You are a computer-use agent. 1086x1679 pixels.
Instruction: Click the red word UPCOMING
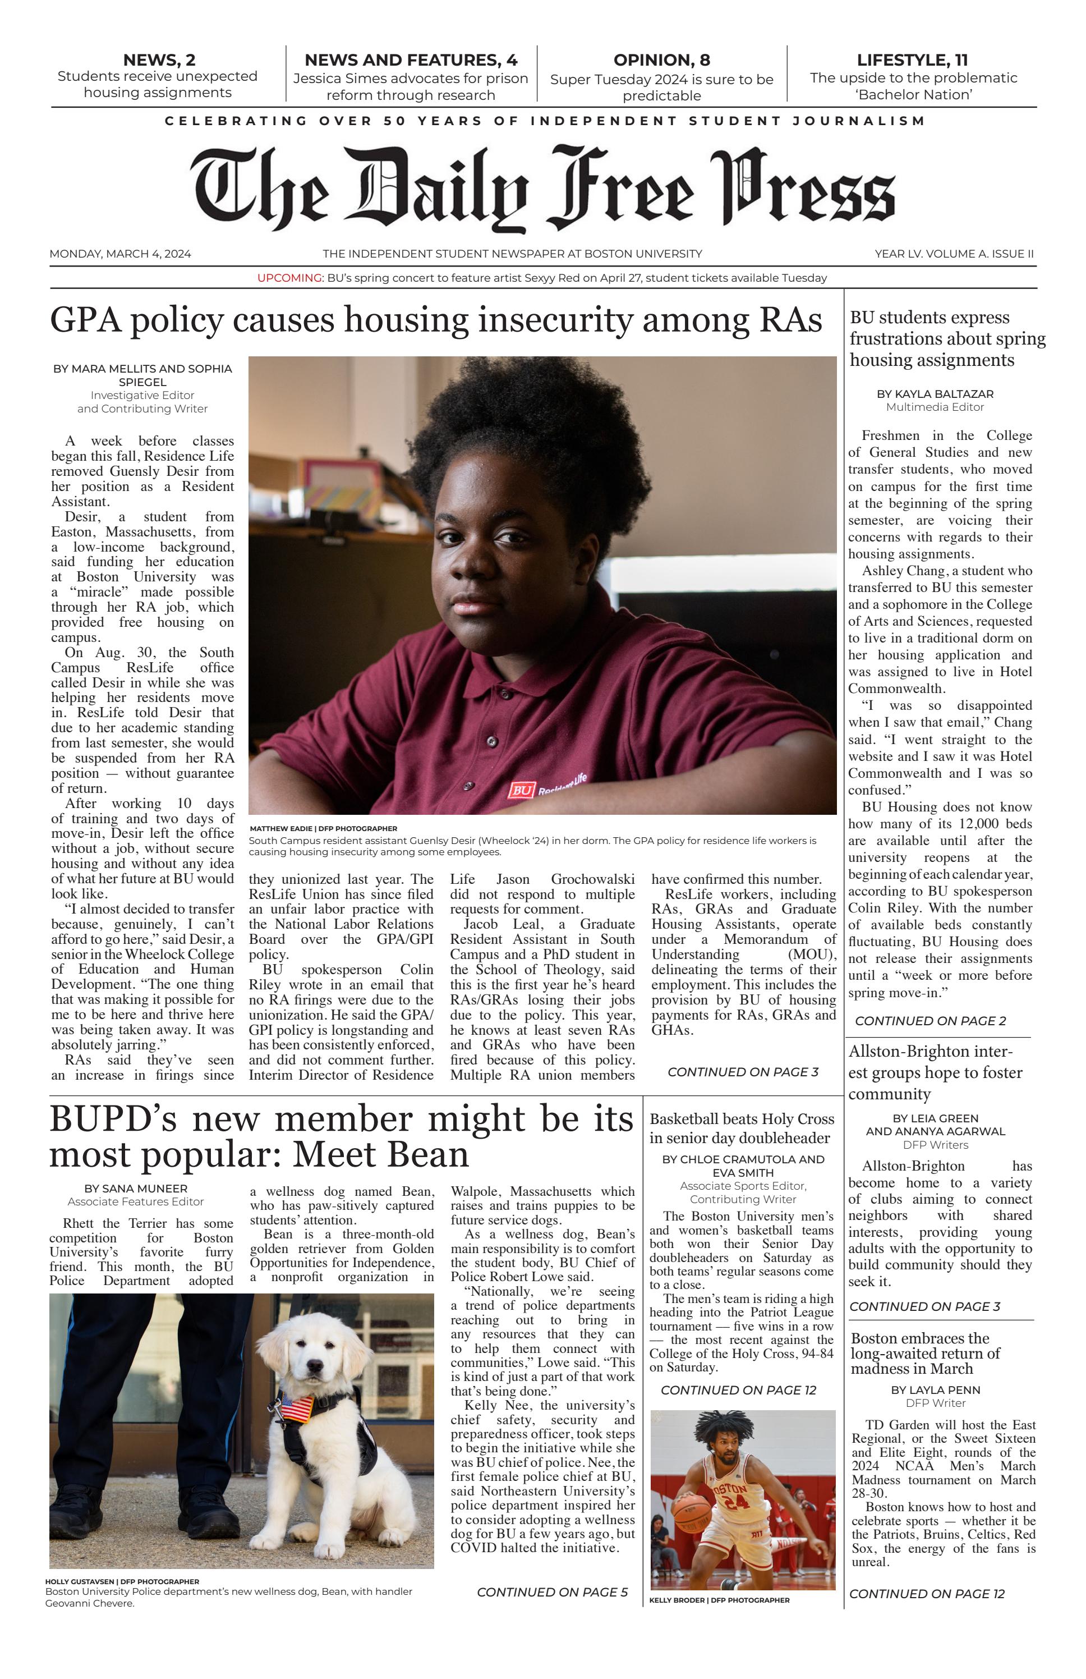[x=289, y=278]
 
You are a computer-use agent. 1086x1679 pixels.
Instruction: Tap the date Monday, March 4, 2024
[x=120, y=254]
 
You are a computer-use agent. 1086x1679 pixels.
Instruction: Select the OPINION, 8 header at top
[x=661, y=60]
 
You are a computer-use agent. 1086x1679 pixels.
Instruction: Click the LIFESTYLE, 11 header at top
[x=913, y=60]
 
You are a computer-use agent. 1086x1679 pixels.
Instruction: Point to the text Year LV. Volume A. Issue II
[x=954, y=254]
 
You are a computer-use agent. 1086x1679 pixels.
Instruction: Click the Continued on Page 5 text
[x=552, y=1591]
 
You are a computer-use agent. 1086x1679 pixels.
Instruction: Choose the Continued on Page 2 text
[x=930, y=1021]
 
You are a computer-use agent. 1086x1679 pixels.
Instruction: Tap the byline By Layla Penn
[x=935, y=1390]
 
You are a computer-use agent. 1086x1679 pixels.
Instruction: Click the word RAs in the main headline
[x=790, y=320]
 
